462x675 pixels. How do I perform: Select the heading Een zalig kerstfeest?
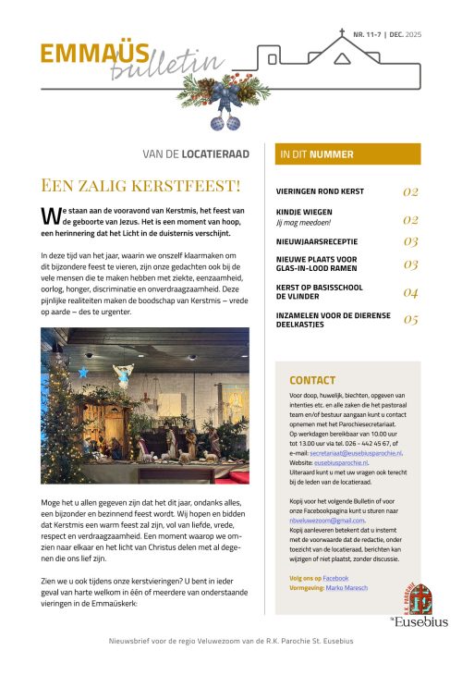coord(140,185)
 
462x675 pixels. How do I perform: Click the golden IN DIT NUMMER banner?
coord(343,153)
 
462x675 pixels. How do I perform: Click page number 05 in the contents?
coord(411,320)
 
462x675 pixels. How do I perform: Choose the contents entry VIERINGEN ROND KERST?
coord(321,191)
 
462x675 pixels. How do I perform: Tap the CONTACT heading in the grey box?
coord(312,380)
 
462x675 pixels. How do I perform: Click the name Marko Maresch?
coord(346,588)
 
